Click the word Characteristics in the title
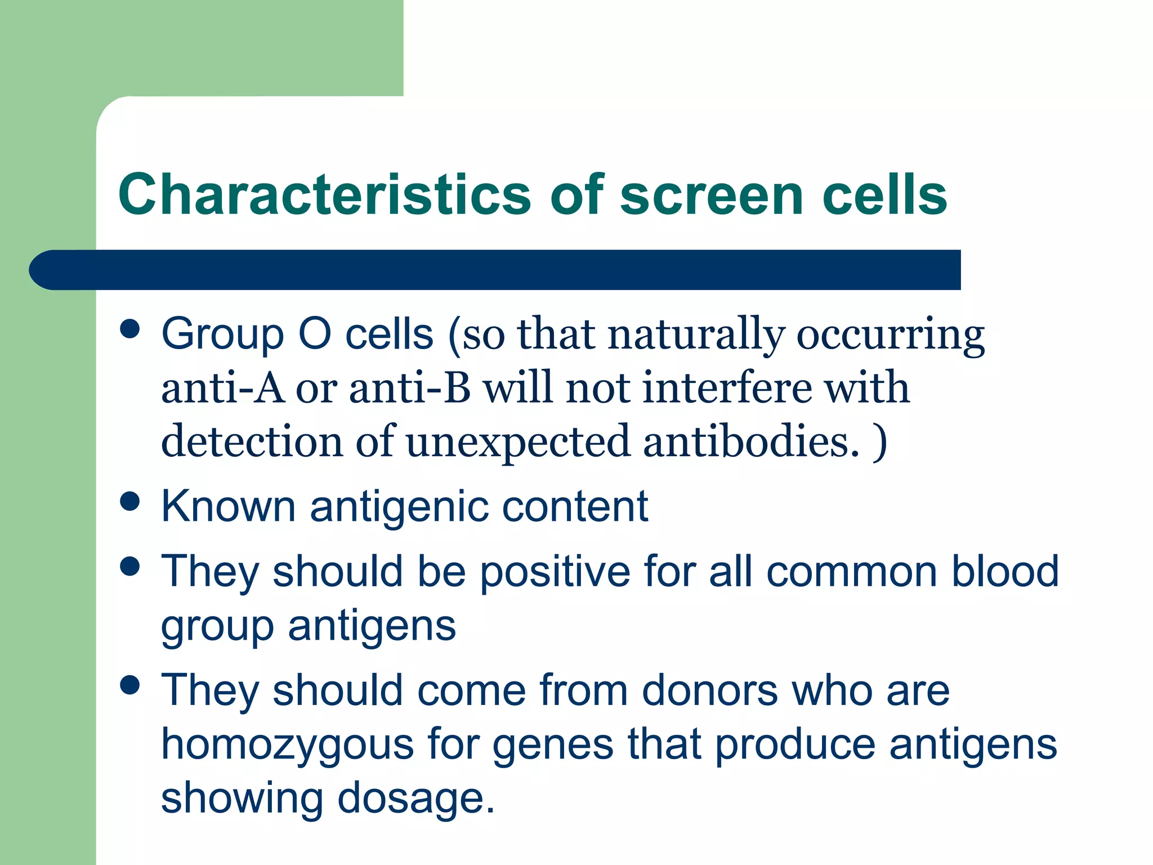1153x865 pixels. pos(324,194)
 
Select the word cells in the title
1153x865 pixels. pos(885,194)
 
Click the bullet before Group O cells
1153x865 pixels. pos(130,329)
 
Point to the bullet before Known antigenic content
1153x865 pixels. pos(130,502)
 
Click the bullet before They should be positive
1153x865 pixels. pos(130,567)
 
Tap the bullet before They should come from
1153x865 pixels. pos(130,685)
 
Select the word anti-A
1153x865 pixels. pos(223,389)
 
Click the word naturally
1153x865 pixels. pos(696,335)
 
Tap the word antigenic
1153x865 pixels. pos(399,507)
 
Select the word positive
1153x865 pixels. pos(555,572)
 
